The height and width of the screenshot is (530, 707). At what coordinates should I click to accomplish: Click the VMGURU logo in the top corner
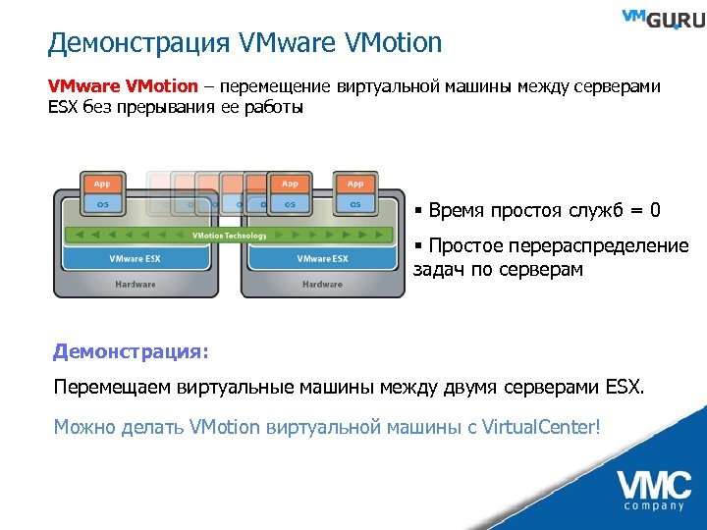coord(662,20)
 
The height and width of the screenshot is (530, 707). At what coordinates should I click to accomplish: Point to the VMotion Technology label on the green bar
coord(228,236)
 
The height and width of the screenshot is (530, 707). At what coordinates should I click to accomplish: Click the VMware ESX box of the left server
coord(135,259)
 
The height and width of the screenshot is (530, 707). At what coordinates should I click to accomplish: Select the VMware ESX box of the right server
coord(322,259)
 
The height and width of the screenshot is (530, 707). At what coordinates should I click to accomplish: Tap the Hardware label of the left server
coord(135,284)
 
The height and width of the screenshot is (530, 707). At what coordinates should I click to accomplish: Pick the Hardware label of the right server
coord(322,284)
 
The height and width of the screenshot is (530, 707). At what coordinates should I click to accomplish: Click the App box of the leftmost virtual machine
coord(101,184)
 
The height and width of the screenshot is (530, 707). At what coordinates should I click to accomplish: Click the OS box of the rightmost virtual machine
coord(355,204)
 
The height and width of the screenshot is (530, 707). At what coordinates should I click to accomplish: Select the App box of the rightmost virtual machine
coord(355,184)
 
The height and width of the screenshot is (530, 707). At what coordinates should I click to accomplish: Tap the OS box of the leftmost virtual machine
coord(101,204)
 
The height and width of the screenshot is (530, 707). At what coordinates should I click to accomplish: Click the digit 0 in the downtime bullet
coord(655,210)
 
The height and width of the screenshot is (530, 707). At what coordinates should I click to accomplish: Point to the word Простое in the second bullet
coord(462,245)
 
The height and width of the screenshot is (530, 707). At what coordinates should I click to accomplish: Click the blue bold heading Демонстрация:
coord(132,350)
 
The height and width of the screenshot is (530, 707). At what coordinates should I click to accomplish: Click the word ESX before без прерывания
coord(64,107)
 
